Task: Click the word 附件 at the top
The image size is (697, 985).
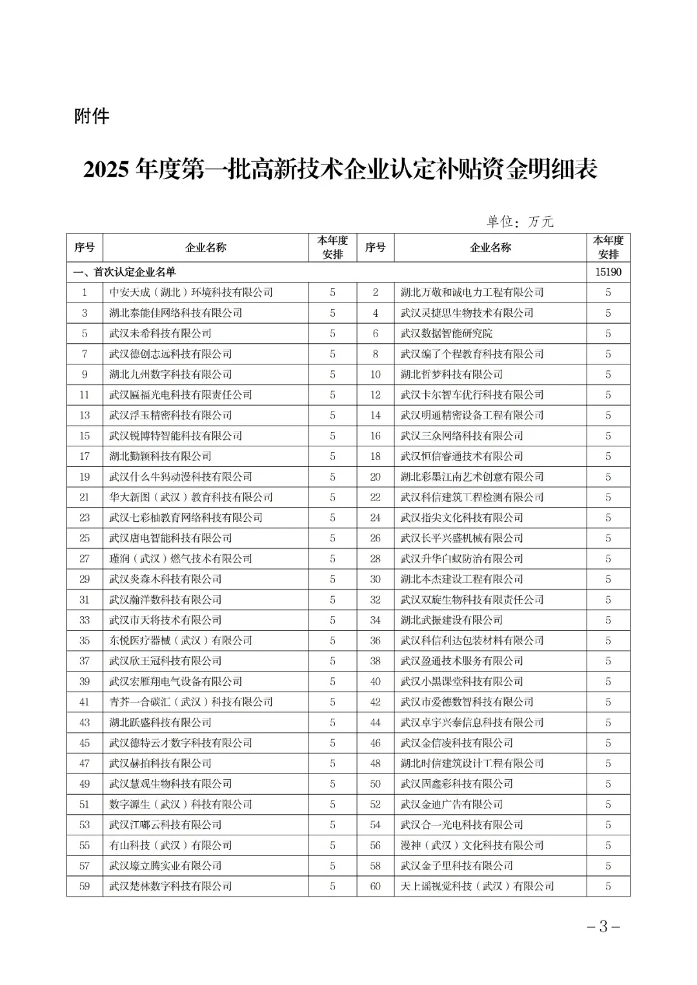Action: (x=92, y=117)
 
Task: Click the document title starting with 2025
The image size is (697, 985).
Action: (x=341, y=170)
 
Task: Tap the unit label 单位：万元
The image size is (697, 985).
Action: (x=520, y=222)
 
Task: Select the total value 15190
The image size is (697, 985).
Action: (x=608, y=272)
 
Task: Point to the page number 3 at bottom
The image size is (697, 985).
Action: (x=603, y=928)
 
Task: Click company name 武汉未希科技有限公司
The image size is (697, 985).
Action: (x=160, y=333)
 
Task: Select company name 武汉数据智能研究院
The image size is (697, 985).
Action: (x=446, y=333)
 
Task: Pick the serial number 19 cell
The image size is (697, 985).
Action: (x=85, y=477)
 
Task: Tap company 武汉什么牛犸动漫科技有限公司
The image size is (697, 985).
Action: (x=181, y=477)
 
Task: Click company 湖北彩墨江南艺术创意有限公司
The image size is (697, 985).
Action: (x=472, y=477)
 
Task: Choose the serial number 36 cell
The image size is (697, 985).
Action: (x=376, y=641)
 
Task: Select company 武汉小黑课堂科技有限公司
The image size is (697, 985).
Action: (x=461, y=681)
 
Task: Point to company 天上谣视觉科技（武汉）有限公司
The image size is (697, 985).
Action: (x=477, y=886)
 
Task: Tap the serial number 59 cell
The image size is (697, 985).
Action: (x=85, y=886)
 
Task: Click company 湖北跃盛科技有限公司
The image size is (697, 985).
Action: (x=160, y=722)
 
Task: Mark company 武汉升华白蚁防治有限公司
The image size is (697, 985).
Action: (x=461, y=559)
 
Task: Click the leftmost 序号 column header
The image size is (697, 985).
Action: (x=85, y=248)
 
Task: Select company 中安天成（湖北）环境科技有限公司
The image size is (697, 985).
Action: (x=191, y=292)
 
